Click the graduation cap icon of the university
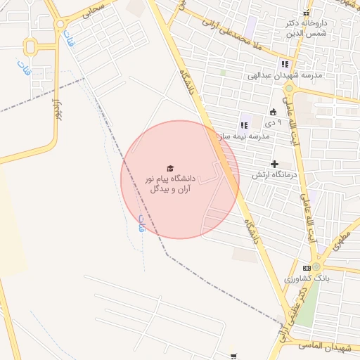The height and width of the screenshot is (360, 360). pyautogui.click(x=169, y=168)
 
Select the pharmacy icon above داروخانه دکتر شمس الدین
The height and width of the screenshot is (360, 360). pyautogui.click(x=306, y=13)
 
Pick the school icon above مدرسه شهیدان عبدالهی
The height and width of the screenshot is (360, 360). pyautogui.click(x=284, y=63)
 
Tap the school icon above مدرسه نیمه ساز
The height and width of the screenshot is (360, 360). pyautogui.click(x=244, y=125)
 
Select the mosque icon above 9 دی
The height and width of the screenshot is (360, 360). pyautogui.click(x=274, y=111)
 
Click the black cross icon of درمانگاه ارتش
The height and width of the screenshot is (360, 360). pyautogui.click(x=275, y=164)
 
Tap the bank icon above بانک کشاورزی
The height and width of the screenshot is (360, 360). pyautogui.click(x=307, y=268)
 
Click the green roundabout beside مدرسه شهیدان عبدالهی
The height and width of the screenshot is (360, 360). pyautogui.click(x=289, y=89)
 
